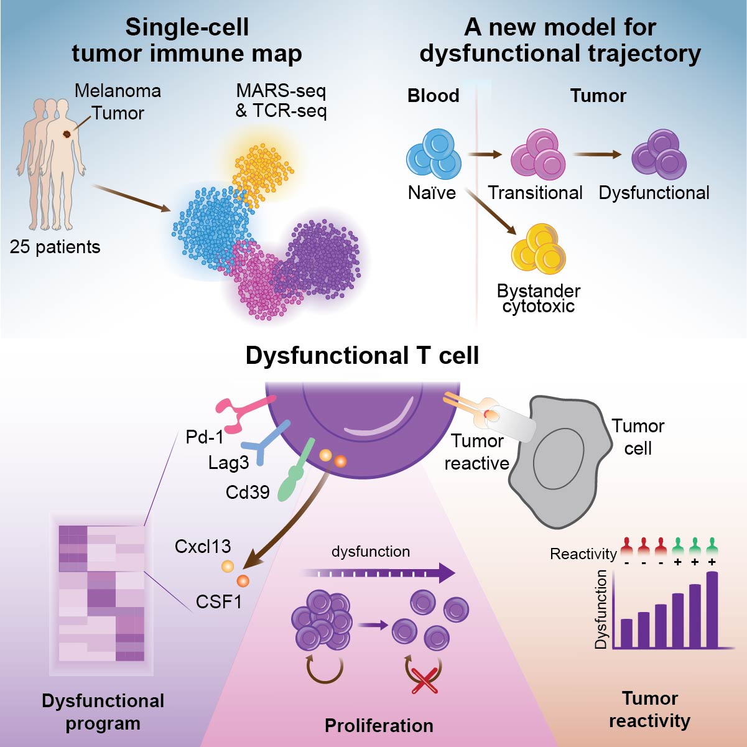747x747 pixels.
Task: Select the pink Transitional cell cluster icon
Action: pos(538,154)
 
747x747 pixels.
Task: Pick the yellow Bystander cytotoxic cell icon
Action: pos(538,249)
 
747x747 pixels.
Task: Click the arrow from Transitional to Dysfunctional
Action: pos(597,155)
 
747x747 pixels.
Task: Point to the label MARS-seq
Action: pos(281,91)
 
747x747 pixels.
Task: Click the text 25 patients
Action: pos(55,247)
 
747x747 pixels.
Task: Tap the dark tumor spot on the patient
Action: pos(67,134)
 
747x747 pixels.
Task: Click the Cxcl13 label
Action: pos(203,547)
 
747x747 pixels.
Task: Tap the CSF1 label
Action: pos(218,601)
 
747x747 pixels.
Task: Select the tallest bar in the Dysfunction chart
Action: pos(712,610)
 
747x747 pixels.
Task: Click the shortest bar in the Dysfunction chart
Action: pos(626,633)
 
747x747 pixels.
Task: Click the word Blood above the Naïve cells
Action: pos(433,96)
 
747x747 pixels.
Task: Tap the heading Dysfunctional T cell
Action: pos(362,356)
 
